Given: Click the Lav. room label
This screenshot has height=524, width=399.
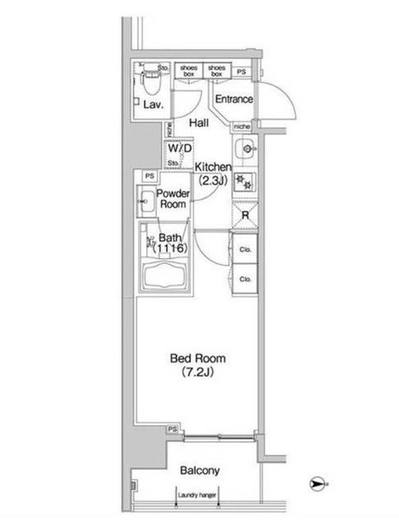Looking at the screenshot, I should coord(152,106).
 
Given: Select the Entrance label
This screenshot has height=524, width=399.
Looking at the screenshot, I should coord(234,100).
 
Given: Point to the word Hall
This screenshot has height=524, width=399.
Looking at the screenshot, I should coord(198,123).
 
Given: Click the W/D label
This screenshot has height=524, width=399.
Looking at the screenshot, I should coord(179,148).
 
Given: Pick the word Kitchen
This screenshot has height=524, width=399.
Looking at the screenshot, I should coord(214,168).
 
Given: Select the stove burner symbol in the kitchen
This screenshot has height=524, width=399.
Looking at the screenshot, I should coord(244,183).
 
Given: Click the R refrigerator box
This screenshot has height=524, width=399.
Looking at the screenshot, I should coord(245,215).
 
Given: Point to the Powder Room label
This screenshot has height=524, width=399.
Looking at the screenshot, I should coord(173,199).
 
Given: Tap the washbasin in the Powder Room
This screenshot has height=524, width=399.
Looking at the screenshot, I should coord(148,199).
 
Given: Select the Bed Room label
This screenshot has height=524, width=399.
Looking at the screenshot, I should coord(197,358).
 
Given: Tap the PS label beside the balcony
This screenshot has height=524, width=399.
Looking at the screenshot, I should coord(172,428).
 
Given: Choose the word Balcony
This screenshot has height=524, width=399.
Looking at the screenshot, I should coord(200,471).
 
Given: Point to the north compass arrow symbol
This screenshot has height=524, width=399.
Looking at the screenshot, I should coord(317,485).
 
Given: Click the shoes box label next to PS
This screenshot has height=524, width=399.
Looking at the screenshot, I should coord(216,70).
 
